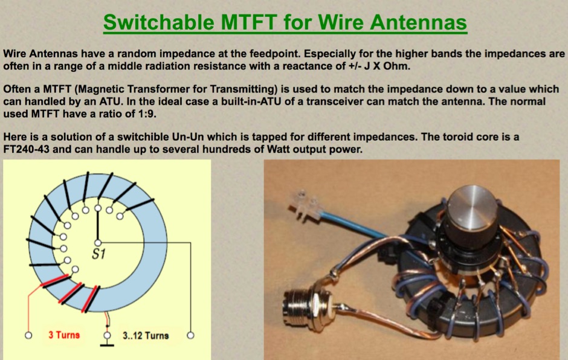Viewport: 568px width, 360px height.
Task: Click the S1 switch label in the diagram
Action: (98, 254)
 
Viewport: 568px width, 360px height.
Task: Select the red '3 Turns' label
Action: (64, 335)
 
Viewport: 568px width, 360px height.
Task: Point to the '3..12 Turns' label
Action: (146, 335)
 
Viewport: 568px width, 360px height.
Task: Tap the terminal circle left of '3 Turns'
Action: (28, 334)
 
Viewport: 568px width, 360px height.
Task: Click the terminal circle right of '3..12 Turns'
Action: (191, 334)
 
